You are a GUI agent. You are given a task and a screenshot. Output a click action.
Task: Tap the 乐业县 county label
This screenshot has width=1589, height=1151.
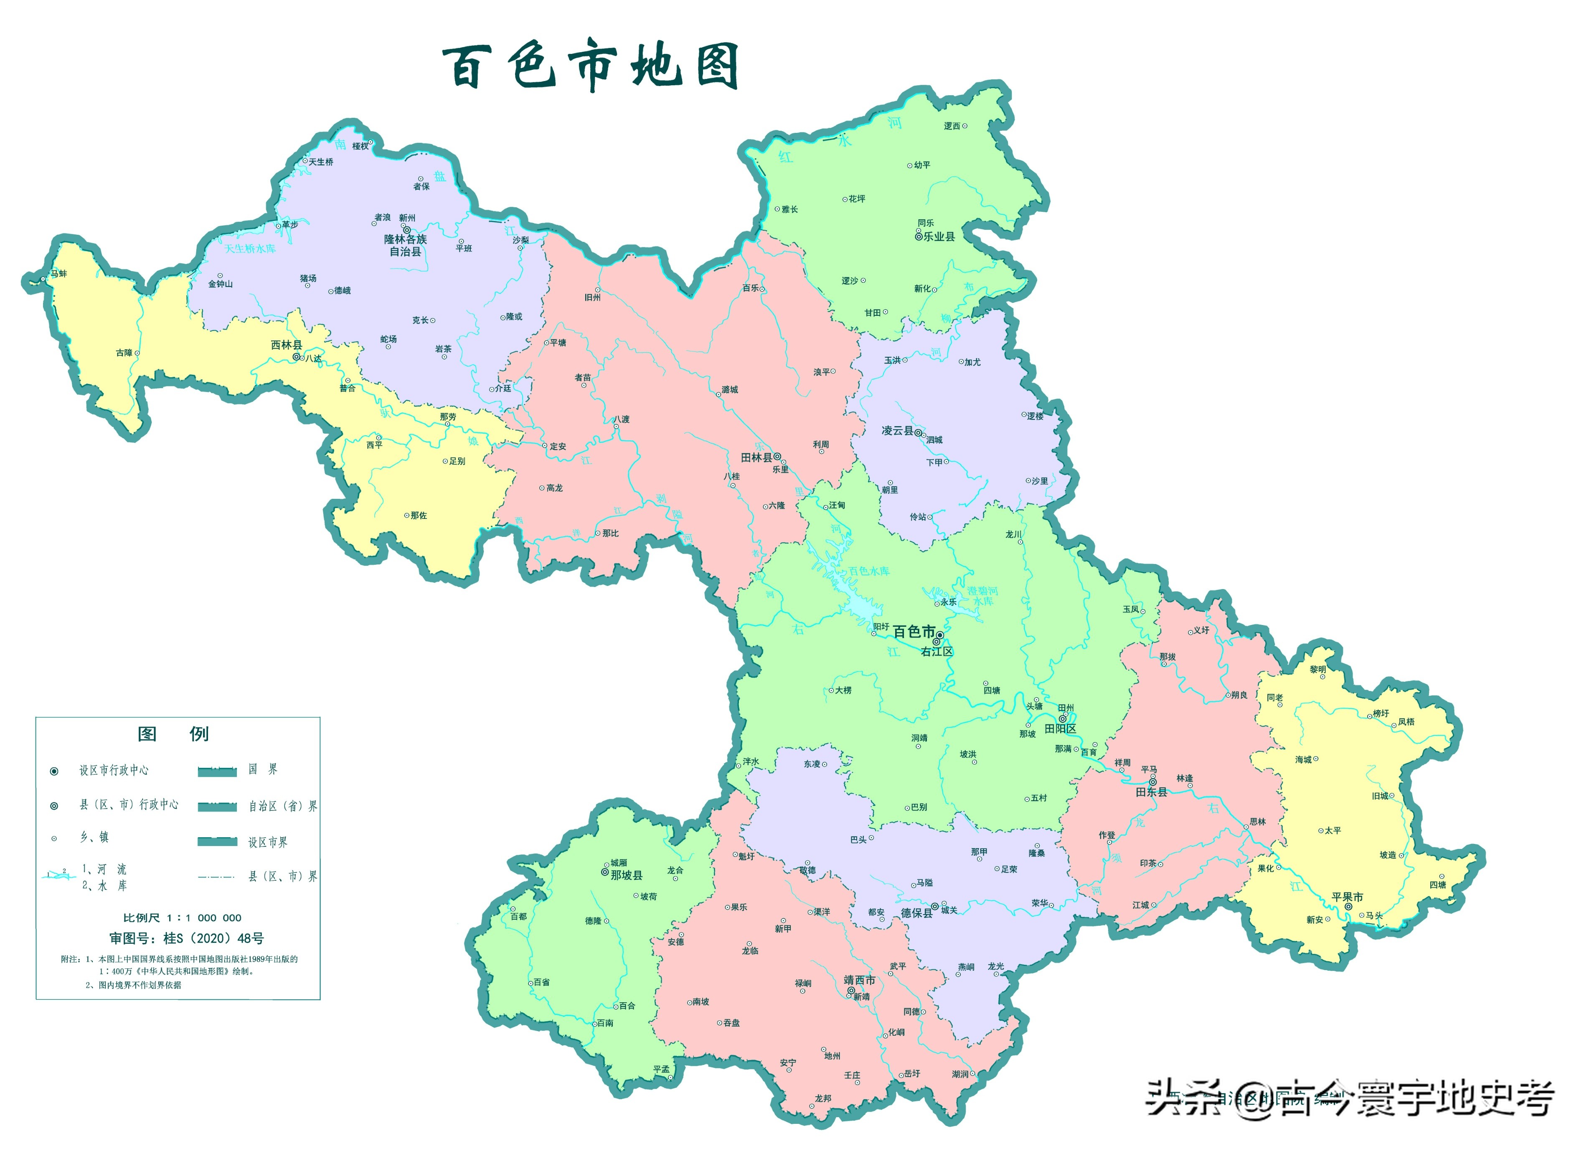(939, 237)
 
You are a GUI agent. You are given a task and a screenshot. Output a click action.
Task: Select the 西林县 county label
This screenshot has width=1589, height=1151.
(287, 345)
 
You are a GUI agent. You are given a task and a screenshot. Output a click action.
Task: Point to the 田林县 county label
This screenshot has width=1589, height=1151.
(756, 457)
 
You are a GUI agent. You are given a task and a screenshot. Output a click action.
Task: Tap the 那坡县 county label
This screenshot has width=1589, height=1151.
(626, 875)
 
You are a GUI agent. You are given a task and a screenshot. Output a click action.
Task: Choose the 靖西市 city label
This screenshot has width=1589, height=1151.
(859, 980)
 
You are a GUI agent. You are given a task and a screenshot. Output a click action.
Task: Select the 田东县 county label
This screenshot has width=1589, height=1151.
(1151, 792)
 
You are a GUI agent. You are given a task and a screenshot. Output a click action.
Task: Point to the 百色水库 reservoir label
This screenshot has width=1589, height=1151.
(869, 571)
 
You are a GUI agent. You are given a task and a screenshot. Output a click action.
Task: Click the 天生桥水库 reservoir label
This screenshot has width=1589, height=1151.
(250, 249)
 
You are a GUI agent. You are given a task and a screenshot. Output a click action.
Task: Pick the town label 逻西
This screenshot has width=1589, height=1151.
(952, 126)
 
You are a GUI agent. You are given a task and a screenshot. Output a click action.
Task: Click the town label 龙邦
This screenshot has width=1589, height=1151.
(822, 1098)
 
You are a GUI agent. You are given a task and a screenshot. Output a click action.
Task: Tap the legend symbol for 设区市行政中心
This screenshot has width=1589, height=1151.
(54, 771)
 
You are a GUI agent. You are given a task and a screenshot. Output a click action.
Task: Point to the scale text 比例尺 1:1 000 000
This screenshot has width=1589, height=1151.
(182, 918)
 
